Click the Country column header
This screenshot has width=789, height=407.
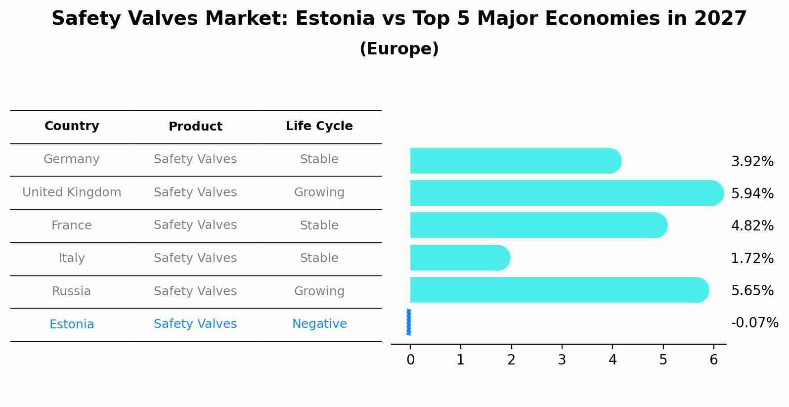72,126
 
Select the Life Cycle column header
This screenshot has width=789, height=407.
319,126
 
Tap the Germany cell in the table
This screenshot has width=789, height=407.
72,159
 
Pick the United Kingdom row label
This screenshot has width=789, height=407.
72,192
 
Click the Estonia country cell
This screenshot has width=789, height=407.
72,324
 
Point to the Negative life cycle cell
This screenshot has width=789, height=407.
319,324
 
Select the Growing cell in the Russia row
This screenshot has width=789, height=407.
319,291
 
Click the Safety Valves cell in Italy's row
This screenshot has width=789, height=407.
195,258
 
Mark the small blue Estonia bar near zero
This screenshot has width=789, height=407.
408,322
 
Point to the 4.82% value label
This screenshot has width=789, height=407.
752,226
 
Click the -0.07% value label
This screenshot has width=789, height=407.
754,323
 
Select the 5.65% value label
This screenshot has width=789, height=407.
752,290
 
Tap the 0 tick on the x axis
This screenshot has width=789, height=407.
410,360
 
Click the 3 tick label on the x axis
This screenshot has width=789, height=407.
562,360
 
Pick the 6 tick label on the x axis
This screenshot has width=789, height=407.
713,360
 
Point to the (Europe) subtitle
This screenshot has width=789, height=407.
399,49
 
